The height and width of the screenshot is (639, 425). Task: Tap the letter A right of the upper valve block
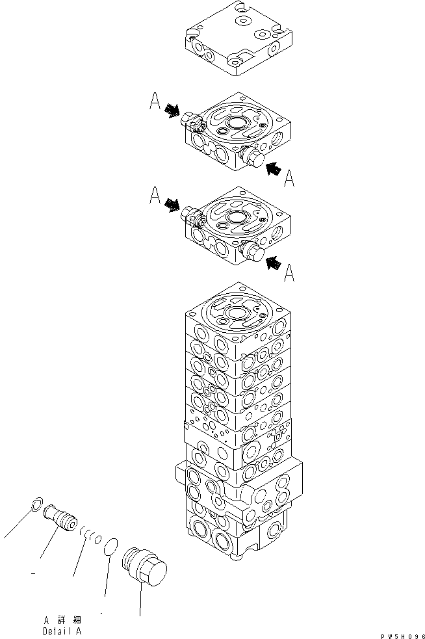(289, 177)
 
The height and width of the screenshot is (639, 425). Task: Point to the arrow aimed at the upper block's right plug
(274, 168)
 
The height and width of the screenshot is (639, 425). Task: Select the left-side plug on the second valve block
(193, 215)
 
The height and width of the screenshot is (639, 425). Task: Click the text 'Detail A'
(62, 631)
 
